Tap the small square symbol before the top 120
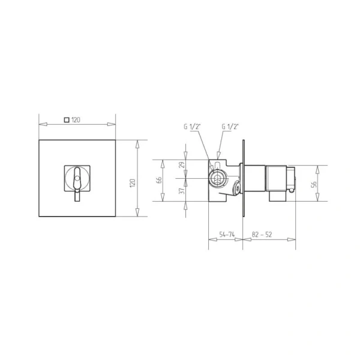[67, 120]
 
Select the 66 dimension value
[159, 180]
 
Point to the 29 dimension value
[182, 165]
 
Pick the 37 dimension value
[182, 191]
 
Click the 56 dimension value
[314, 184]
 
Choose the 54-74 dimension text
[227, 235]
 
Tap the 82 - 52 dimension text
[262, 235]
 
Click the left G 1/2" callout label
[193, 127]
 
